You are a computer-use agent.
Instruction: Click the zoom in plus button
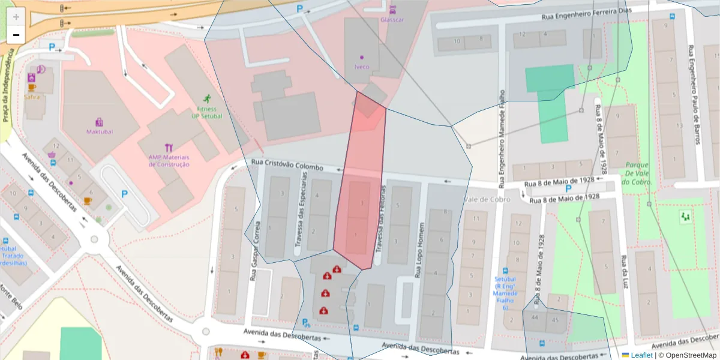(16, 16)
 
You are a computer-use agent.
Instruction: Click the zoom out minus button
(16, 35)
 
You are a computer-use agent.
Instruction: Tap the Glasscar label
(392, 19)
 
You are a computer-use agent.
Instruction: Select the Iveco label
(362, 67)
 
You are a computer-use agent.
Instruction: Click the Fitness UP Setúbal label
(207, 112)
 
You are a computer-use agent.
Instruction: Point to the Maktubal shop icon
(100, 122)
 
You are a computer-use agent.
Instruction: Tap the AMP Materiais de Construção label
(169, 161)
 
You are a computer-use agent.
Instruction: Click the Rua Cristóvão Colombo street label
(287, 165)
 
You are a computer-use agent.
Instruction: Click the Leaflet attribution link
(641, 355)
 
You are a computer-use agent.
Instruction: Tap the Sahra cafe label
(32, 96)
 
